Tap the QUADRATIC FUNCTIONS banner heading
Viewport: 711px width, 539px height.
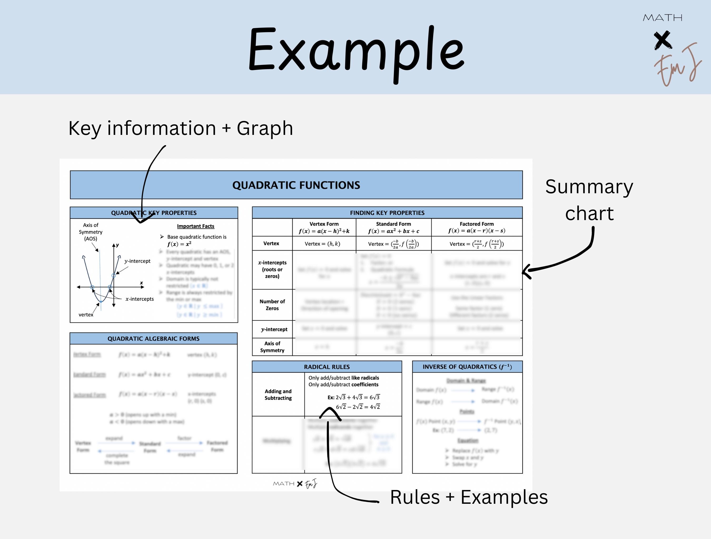[296, 185]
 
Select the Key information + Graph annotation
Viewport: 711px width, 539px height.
[181, 128]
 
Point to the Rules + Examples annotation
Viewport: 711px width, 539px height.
[469, 497]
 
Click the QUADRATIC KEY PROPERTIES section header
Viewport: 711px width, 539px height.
[154, 213]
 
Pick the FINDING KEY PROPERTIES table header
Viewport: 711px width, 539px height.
[387, 213]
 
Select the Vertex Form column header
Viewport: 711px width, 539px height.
[324, 227]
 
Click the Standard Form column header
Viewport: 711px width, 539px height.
[393, 227]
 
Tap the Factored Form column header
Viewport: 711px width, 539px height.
[476, 227]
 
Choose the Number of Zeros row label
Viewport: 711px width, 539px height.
[272, 305]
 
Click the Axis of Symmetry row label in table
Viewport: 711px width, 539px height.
[272, 347]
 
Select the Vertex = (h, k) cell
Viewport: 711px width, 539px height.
[322, 244]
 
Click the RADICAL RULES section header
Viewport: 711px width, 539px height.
[327, 367]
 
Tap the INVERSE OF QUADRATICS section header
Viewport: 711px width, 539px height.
[467, 367]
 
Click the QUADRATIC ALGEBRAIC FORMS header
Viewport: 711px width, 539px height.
[153, 339]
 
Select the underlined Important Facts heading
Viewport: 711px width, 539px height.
[195, 226]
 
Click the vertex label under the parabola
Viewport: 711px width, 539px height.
[86, 315]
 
